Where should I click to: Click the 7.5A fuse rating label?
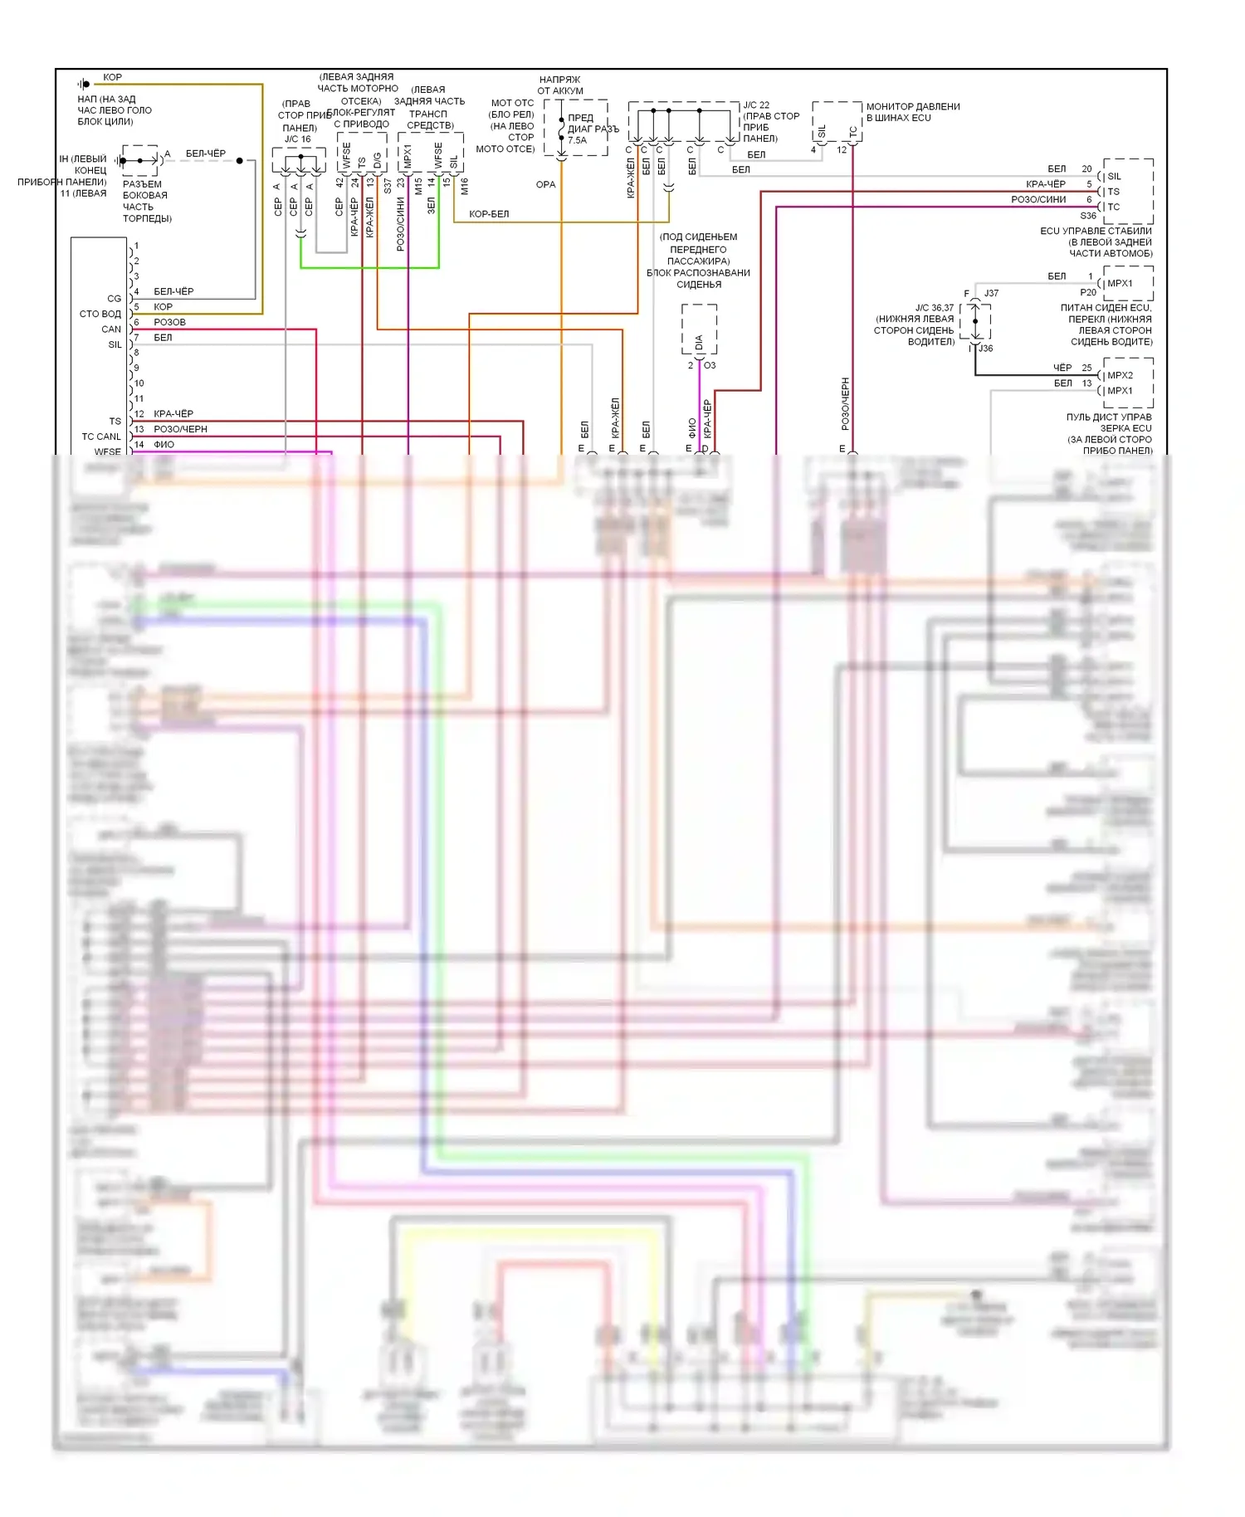[x=577, y=140]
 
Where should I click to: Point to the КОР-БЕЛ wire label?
[x=489, y=214]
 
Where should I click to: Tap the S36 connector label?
[x=1088, y=216]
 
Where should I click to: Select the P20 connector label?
[x=1088, y=292]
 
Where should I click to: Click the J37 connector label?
[x=991, y=293]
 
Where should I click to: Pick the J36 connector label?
[x=985, y=349]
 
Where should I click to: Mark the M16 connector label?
[x=464, y=186]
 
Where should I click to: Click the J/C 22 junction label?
[x=756, y=105]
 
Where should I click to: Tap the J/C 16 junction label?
[x=297, y=139]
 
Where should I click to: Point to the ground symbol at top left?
[x=83, y=84]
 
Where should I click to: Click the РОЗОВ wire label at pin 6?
[x=169, y=322]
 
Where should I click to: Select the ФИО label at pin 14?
[x=164, y=445]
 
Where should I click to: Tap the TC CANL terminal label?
[x=101, y=437]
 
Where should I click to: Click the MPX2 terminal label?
[x=1120, y=375]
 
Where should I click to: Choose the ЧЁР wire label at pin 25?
[x=1062, y=368]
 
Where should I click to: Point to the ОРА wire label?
[x=545, y=185]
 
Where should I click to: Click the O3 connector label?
[x=710, y=365]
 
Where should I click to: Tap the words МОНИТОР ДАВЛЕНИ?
[x=913, y=107]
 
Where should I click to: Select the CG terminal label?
[x=115, y=299]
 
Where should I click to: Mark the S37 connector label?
[x=388, y=186]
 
